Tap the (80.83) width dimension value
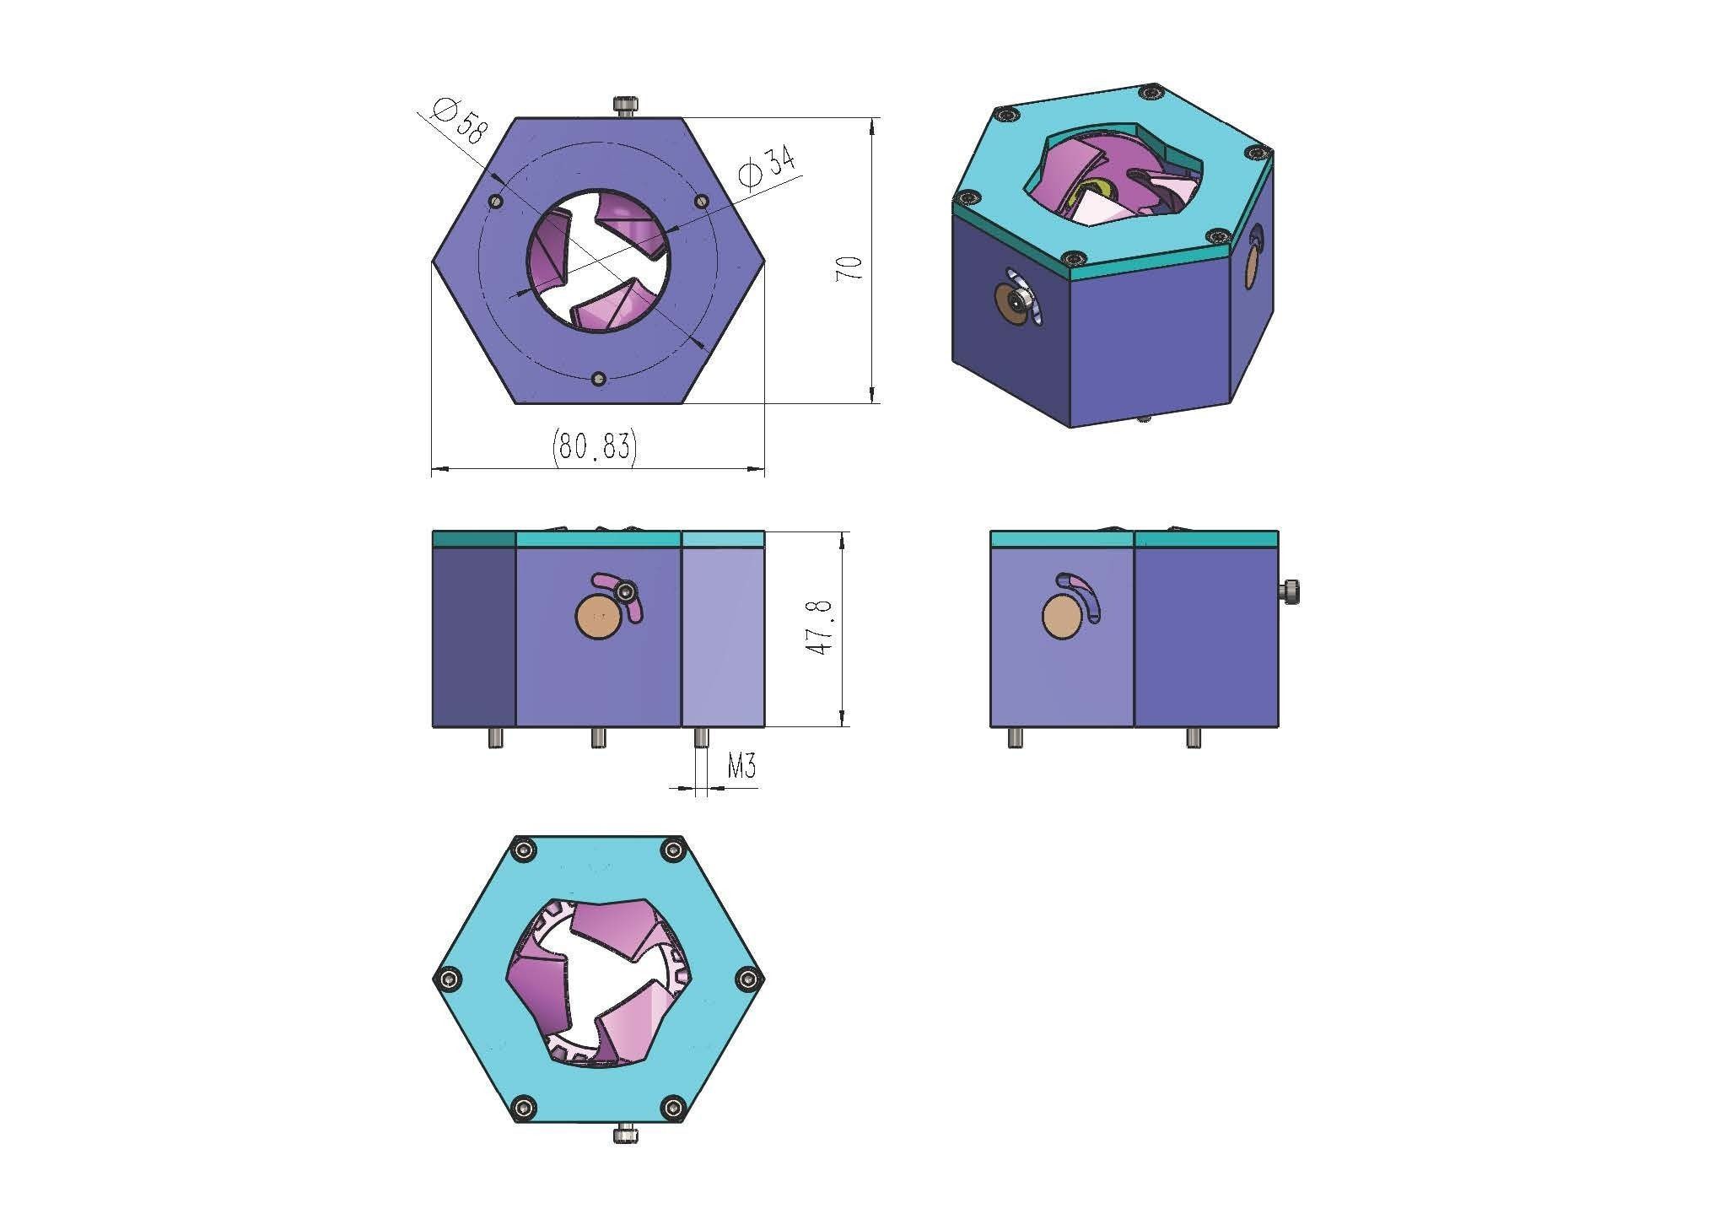[x=594, y=445]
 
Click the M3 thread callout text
[x=741, y=767]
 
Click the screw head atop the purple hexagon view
[x=624, y=106]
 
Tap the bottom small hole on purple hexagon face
[x=599, y=380]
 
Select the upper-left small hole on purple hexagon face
[x=496, y=202]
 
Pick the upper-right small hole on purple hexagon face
[x=702, y=202]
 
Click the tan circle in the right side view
[x=1061, y=618]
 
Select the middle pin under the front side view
[x=598, y=737]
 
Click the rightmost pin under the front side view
[x=700, y=737]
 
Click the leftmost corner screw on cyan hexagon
[x=447, y=979]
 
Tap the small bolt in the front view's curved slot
[x=625, y=594]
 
